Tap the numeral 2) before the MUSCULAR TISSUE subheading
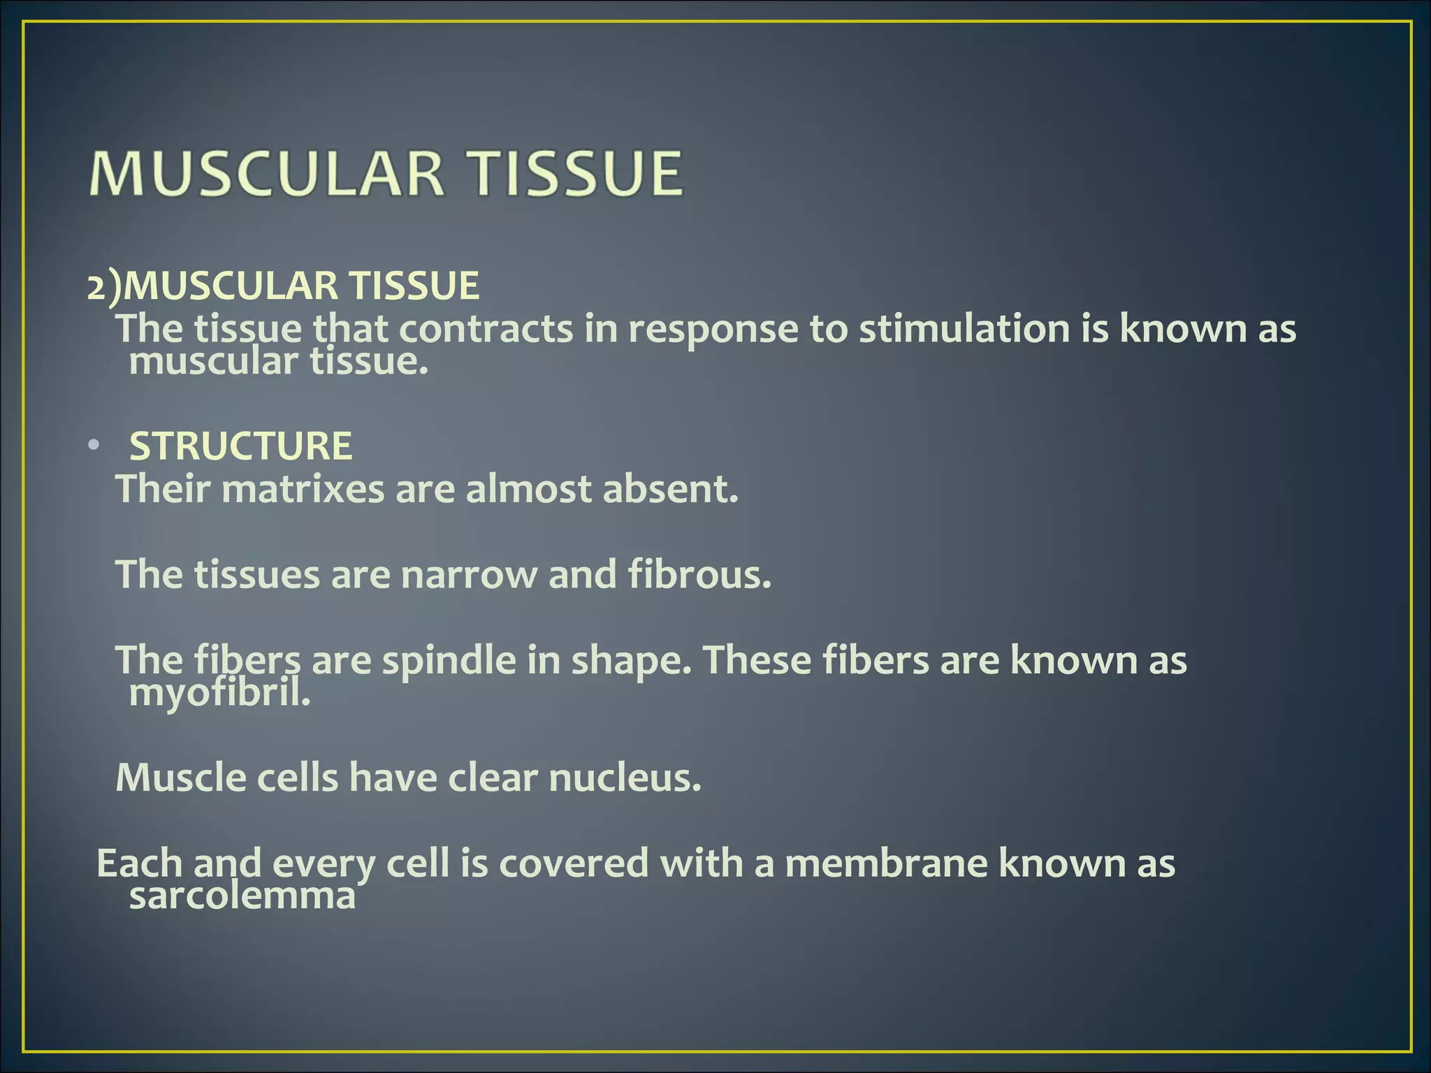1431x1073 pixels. (103, 286)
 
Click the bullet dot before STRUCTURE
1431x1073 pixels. (94, 446)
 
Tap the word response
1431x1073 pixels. (713, 330)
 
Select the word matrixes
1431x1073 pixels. (303, 488)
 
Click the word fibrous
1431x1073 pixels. (699, 574)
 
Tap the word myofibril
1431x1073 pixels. (219, 693)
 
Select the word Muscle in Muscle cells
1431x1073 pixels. (180, 778)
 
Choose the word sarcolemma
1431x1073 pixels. (242, 896)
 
